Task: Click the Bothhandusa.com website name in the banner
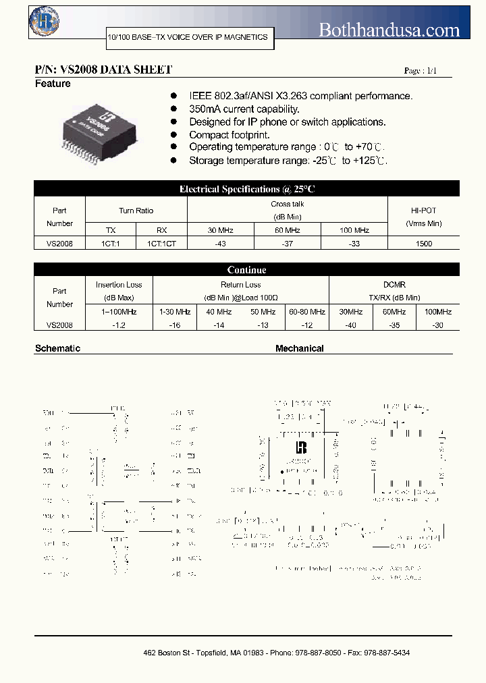(x=389, y=30)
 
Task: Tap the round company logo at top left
(x=45, y=22)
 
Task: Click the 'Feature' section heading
(x=53, y=84)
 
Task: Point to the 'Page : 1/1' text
(x=420, y=71)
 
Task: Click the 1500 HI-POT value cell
(x=424, y=244)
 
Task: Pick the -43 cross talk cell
(x=221, y=244)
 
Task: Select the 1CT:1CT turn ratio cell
(x=161, y=244)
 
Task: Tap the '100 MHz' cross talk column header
(x=354, y=230)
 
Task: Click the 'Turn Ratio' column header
(x=136, y=211)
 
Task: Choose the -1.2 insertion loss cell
(x=119, y=325)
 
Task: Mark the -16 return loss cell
(x=174, y=325)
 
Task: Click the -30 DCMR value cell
(x=438, y=325)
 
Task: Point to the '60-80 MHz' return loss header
(x=307, y=312)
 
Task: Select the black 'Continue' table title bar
(x=246, y=270)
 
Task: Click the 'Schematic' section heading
(x=57, y=349)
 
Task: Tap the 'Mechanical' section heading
(x=299, y=349)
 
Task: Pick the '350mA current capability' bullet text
(x=244, y=109)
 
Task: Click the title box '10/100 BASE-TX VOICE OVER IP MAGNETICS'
(x=188, y=38)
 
